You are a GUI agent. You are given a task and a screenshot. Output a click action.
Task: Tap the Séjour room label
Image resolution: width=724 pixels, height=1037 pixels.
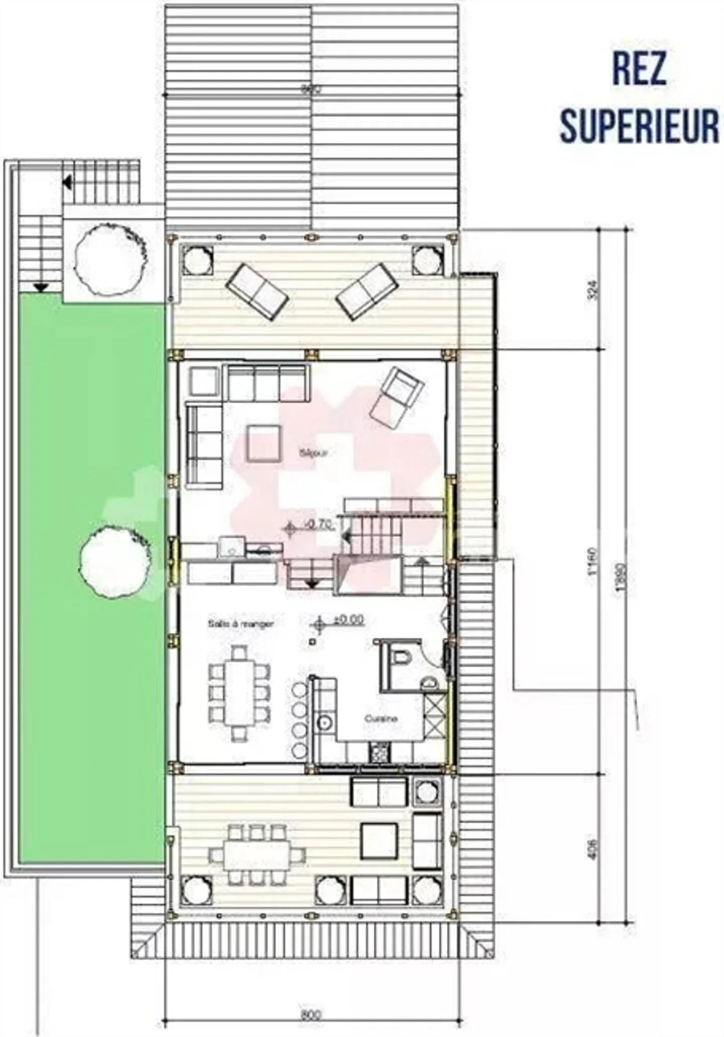313,453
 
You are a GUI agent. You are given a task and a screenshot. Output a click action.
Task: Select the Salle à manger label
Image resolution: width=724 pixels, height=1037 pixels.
241,624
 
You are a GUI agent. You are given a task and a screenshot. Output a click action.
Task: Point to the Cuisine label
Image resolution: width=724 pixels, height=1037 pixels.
381,719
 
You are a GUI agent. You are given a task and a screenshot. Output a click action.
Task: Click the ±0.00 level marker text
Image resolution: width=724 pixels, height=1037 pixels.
348,619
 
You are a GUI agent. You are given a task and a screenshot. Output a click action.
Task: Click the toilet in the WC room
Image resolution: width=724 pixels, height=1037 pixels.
403,656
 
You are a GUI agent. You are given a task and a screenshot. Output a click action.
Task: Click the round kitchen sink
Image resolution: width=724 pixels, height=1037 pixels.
324,723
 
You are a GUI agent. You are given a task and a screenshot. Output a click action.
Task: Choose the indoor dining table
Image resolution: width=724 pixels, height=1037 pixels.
239,693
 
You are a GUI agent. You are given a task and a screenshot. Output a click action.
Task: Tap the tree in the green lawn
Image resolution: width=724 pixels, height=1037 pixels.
115,561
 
